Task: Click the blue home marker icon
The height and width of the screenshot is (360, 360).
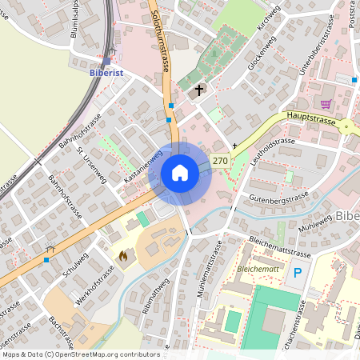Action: coord(180,173)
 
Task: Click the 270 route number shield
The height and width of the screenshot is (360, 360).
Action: coord(220,161)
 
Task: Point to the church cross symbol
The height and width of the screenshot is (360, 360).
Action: coord(199,90)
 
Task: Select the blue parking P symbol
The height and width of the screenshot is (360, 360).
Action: coord(298,273)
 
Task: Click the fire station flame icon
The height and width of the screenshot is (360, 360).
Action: coord(122,256)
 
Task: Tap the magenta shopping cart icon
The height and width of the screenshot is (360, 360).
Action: coord(326,104)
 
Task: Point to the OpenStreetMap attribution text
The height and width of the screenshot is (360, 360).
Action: coord(80,354)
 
